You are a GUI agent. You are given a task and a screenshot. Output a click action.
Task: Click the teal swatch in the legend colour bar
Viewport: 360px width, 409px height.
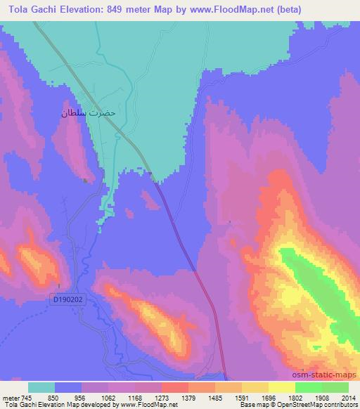41,388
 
